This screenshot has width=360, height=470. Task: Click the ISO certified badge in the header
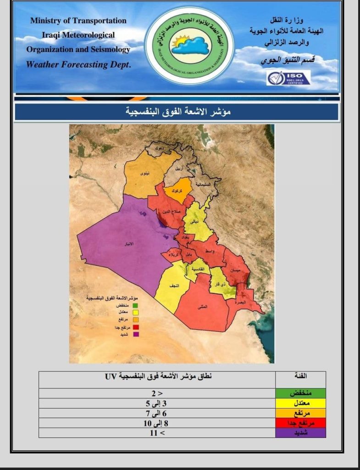click(x=288, y=78)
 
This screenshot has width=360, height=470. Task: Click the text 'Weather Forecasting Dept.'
click(x=78, y=65)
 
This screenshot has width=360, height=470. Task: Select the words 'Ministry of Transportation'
click(x=78, y=21)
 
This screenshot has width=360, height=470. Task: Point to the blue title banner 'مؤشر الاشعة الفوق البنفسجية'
click(x=177, y=112)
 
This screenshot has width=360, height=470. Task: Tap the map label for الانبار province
click(x=130, y=244)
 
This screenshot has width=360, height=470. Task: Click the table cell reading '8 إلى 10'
click(x=156, y=423)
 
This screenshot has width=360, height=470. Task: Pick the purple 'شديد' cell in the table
click(x=300, y=432)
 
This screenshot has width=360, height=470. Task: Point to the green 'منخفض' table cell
click(x=300, y=394)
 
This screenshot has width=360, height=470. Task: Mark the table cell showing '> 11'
click(x=156, y=432)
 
